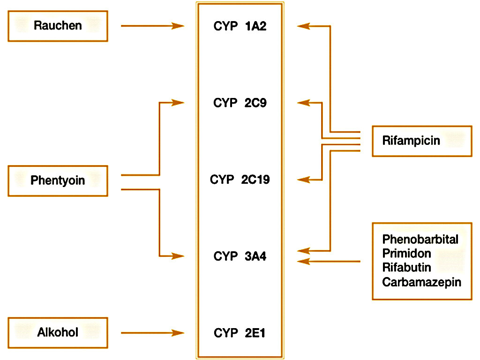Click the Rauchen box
pos(58,26)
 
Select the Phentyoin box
pos(58,180)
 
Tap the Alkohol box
pos(58,333)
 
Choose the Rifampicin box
pos(421,141)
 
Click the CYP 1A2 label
pos(240,26)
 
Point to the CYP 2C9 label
pos(240,103)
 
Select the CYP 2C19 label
pos(240,180)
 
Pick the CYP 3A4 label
pos(240,256)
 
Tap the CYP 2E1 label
pos(240,333)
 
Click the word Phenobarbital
pos(420,240)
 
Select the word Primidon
pos(406,254)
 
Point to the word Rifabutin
pos(406,268)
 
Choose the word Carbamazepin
pos(421,282)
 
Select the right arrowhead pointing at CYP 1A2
pos(303,26)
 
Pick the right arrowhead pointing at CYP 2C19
pos(303,180)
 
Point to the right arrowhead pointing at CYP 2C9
pos(303,103)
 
